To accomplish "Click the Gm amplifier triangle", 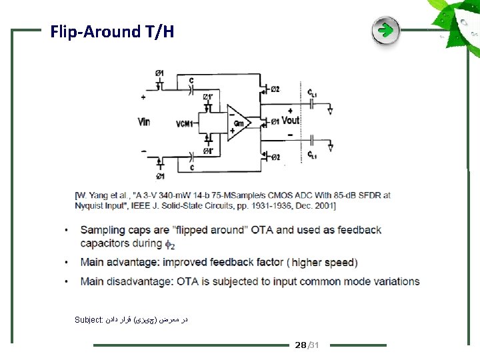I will point(238,123).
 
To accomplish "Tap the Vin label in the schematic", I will point(145,122).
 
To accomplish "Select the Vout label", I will point(291,121).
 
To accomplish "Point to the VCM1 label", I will point(185,124).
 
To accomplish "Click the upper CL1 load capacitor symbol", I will point(311,103).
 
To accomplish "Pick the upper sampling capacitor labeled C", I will point(191,85).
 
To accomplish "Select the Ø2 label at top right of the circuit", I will point(275,89).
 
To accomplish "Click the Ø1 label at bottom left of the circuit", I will point(160,176).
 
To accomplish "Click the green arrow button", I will point(385,31).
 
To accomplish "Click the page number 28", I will point(300,345).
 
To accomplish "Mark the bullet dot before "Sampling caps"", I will point(67,231).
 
